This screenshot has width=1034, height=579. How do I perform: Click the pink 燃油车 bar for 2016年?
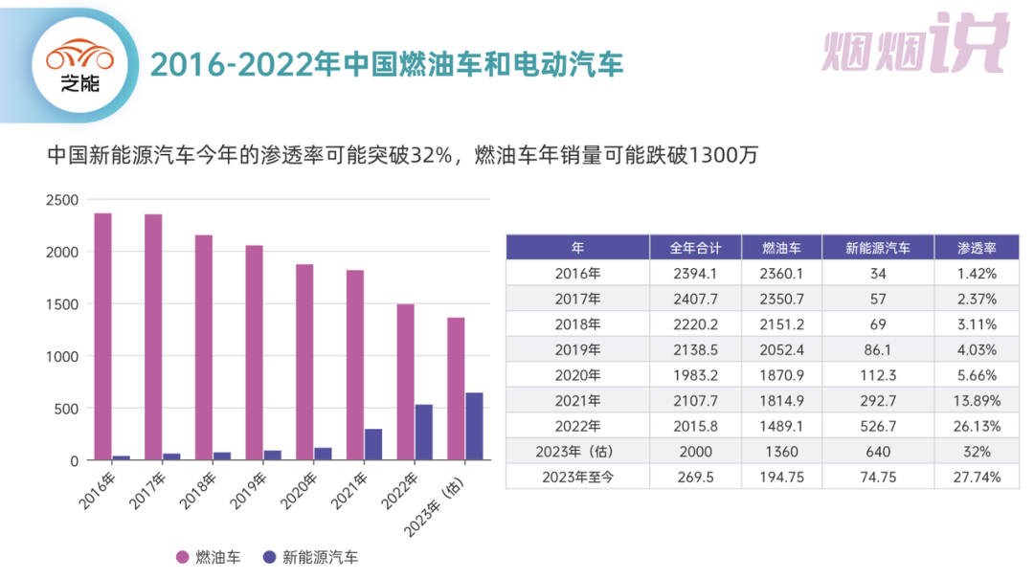coord(102,336)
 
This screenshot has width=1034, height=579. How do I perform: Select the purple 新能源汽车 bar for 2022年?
coord(423,432)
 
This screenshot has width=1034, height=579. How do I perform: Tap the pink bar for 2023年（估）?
coord(456,389)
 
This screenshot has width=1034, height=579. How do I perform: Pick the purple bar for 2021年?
coord(373,444)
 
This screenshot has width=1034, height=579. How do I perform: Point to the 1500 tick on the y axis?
coord(65,304)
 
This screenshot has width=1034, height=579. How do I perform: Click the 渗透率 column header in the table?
coord(977,247)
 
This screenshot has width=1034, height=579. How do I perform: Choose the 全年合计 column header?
coord(695,247)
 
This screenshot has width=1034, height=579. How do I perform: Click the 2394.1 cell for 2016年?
coord(695,273)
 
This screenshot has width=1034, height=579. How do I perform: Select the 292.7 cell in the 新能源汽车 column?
coord(877,400)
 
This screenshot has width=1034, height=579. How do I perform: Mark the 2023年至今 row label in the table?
coord(577,477)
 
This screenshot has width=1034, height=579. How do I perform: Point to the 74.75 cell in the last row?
coord(877,477)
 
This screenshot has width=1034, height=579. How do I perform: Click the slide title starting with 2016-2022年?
coord(387,64)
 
